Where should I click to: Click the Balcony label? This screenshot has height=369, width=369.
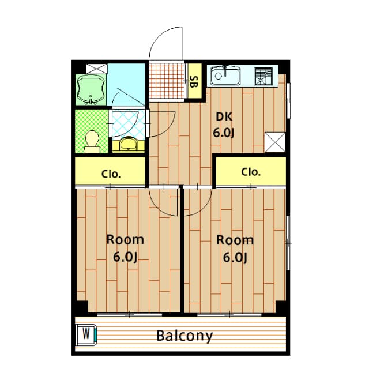(184, 336)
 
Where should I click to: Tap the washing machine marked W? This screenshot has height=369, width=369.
(86, 335)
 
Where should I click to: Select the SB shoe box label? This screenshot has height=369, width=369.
(194, 81)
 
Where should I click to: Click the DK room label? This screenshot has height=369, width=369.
(224, 116)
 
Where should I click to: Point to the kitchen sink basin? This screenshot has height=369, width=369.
(225, 76)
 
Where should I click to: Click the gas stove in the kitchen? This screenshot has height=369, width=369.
(263, 76)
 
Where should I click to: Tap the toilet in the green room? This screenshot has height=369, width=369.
(92, 142)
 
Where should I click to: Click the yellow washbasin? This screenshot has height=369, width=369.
(129, 144)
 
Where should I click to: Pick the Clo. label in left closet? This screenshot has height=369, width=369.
(111, 174)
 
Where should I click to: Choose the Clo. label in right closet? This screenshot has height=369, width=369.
(251, 172)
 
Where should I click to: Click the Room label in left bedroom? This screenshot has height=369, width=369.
(125, 240)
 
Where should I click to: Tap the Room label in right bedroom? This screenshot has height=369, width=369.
(235, 240)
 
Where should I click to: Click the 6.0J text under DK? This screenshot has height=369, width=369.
(224, 133)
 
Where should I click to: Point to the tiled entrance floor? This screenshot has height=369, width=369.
(167, 80)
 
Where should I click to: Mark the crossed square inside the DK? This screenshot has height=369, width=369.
(275, 142)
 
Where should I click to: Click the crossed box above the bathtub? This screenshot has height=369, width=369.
(97, 69)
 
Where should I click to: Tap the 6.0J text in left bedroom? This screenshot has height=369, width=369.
(125, 257)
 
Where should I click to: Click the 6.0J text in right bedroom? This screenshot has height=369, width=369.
(235, 258)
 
